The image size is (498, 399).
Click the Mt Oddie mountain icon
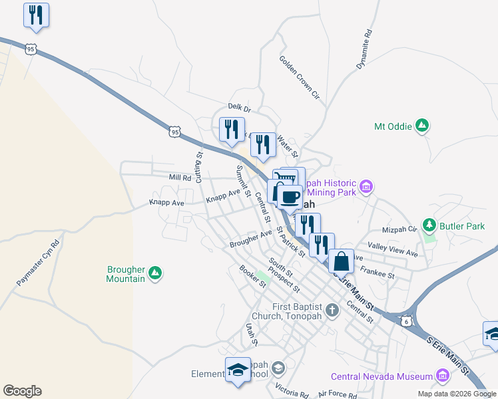pyautogui.click(x=421, y=125)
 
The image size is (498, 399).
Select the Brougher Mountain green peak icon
pyautogui.click(x=154, y=273)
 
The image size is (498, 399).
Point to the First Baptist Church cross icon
pyautogui.click(x=332, y=310)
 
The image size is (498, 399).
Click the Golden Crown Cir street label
pyautogui.click(x=300, y=78)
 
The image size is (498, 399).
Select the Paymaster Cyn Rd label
pyautogui.click(x=38, y=262)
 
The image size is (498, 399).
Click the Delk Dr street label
pyautogui.click(x=238, y=107)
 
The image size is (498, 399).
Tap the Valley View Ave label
pyautogui.click(x=392, y=249)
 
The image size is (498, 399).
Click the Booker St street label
pyautogui.click(x=253, y=277)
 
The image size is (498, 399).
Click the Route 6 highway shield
pyautogui.click(x=406, y=321)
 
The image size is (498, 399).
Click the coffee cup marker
pyautogui.click(x=290, y=196)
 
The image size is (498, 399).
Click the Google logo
pyautogui.click(x=22, y=391)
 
